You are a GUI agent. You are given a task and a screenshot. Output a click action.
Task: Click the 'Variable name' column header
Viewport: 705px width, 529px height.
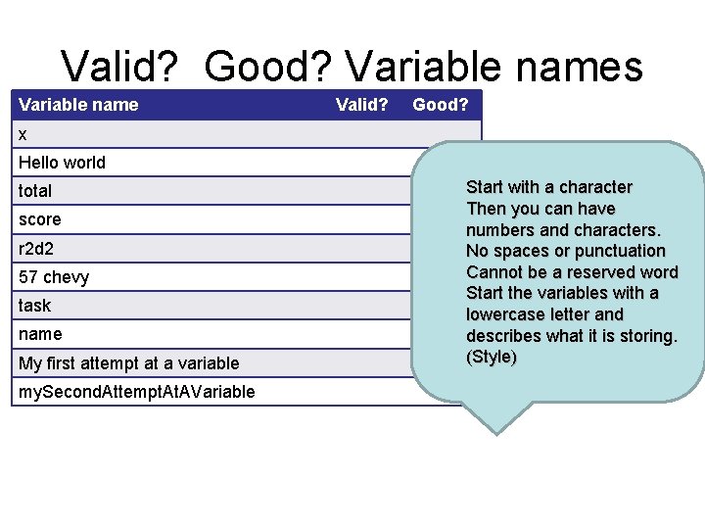pyautogui.click(x=78, y=105)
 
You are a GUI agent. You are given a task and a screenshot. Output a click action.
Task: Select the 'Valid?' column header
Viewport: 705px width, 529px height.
pyautogui.click(x=362, y=105)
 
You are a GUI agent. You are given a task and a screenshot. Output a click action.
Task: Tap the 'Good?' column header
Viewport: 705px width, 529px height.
pyautogui.click(x=440, y=105)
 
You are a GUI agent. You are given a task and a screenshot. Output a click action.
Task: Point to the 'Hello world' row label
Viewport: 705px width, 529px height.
pyautogui.click(x=62, y=163)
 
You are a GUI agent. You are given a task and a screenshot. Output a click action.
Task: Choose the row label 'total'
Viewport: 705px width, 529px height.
pyautogui.click(x=35, y=191)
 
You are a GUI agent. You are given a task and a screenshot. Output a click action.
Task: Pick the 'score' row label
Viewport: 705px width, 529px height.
pyautogui.click(x=39, y=219)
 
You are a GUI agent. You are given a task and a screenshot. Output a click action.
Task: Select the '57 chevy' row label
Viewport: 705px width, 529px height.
pyautogui.click(x=54, y=277)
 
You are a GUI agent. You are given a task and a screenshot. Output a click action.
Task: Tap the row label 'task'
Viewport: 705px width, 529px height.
pyautogui.click(x=34, y=306)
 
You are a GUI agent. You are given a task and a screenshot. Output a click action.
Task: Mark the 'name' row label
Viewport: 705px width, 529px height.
pyautogui.click(x=39, y=334)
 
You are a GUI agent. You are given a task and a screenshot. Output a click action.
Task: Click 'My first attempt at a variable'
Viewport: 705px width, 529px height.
pyautogui.click(x=128, y=363)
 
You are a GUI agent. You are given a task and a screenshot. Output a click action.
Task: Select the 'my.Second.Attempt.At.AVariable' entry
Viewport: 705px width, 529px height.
pyautogui.click(x=136, y=392)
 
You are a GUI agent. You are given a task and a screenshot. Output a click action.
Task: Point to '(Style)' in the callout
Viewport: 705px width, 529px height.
pyautogui.click(x=492, y=357)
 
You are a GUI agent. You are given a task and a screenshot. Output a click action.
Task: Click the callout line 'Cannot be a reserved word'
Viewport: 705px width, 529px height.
pyautogui.click(x=572, y=271)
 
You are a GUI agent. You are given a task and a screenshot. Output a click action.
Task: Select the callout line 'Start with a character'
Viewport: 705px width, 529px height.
pyautogui.click(x=548, y=187)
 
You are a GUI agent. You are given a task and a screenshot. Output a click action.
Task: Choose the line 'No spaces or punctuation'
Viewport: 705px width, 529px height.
pyautogui.click(x=565, y=251)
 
